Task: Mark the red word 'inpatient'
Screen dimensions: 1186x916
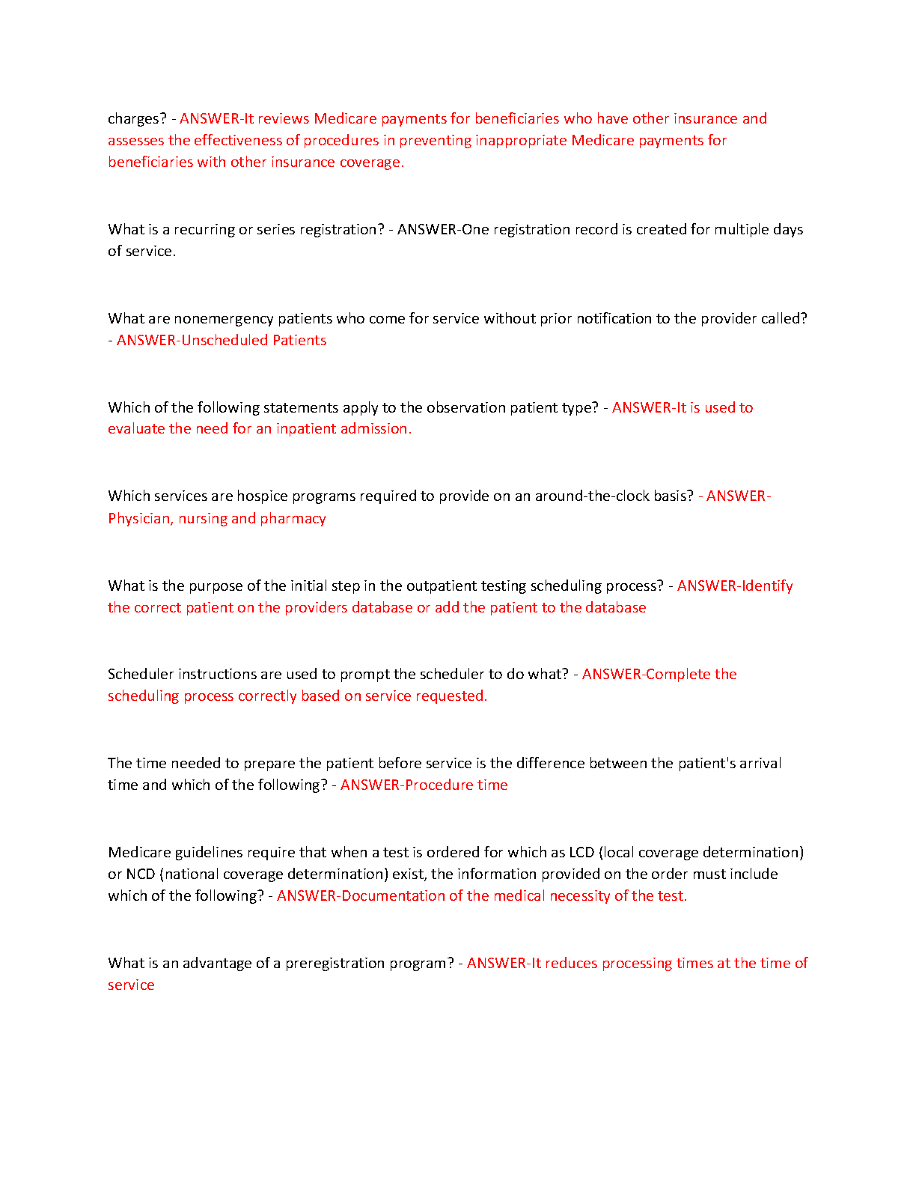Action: pyautogui.click(x=306, y=429)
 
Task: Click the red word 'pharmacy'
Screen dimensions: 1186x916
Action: pyautogui.click(x=293, y=519)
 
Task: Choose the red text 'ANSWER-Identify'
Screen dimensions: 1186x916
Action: pyautogui.click(x=735, y=586)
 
